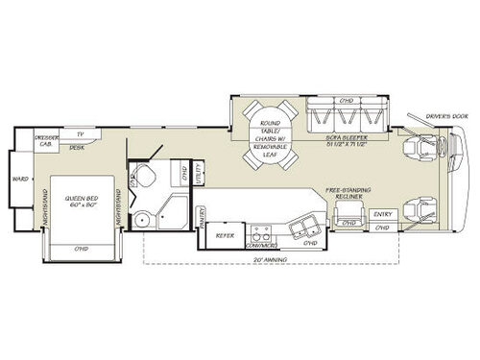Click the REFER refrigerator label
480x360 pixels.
(225, 233)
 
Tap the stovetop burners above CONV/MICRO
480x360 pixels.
(259, 229)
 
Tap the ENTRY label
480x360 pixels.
(383, 213)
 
